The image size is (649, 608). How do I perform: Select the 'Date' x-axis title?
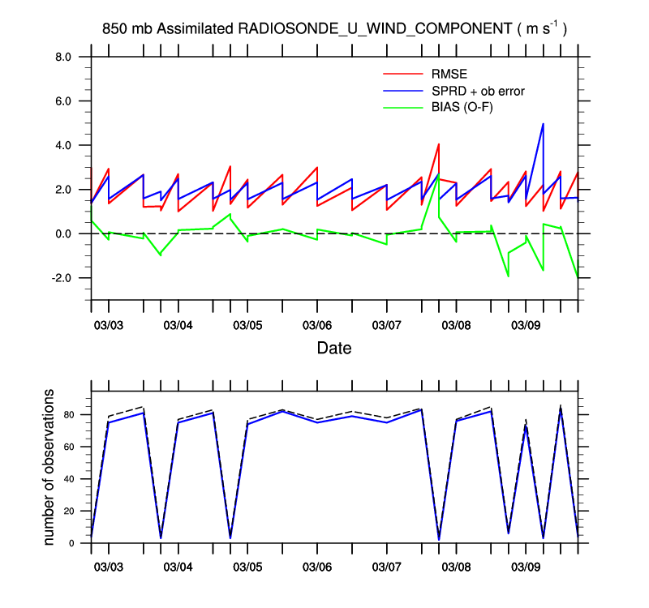334,349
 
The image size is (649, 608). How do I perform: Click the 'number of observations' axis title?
50,466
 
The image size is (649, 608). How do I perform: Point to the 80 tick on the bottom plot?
70,415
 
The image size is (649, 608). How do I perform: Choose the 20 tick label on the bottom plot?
70,512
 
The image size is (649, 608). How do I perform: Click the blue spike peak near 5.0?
543,124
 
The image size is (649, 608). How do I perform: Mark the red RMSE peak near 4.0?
439,144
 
